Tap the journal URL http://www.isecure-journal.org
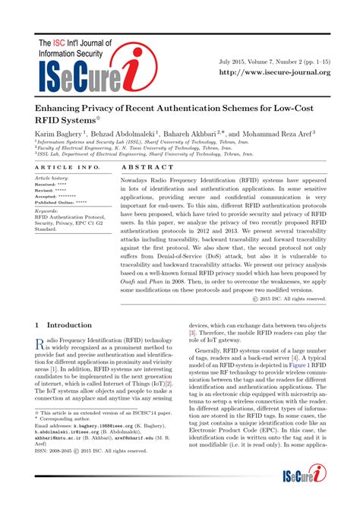pyautogui.click(x=274, y=72)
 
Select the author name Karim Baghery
pyautogui.click(x=61, y=133)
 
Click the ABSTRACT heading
pyautogui.click(x=143, y=166)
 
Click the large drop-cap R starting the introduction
pyautogui.click(x=41, y=344)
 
